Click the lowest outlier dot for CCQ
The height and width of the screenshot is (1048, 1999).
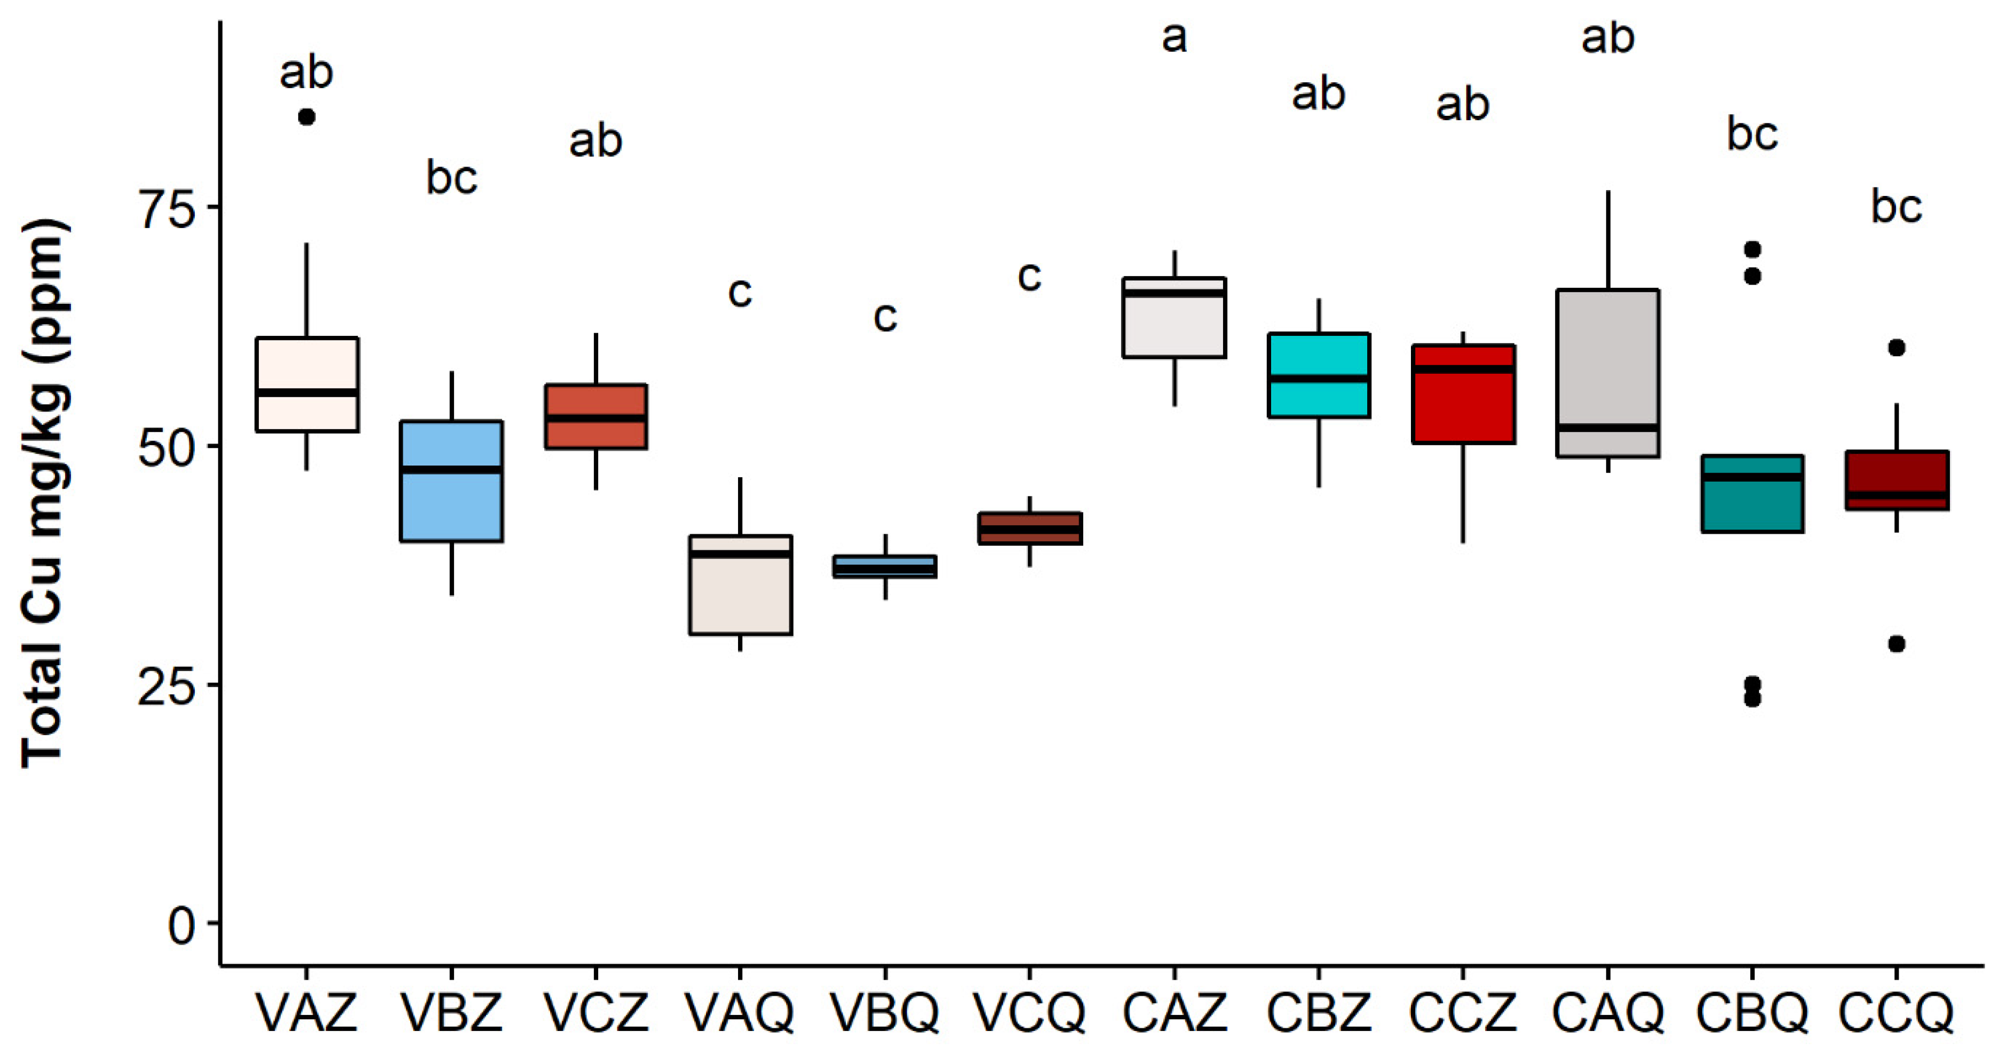(1896, 643)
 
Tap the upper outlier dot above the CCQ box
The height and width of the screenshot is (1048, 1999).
(1896, 348)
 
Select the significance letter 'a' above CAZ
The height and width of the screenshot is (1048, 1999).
(1174, 37)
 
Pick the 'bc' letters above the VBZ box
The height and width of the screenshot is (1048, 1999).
(451, 178)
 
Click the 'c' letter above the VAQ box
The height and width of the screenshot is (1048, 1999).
(740, 293)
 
